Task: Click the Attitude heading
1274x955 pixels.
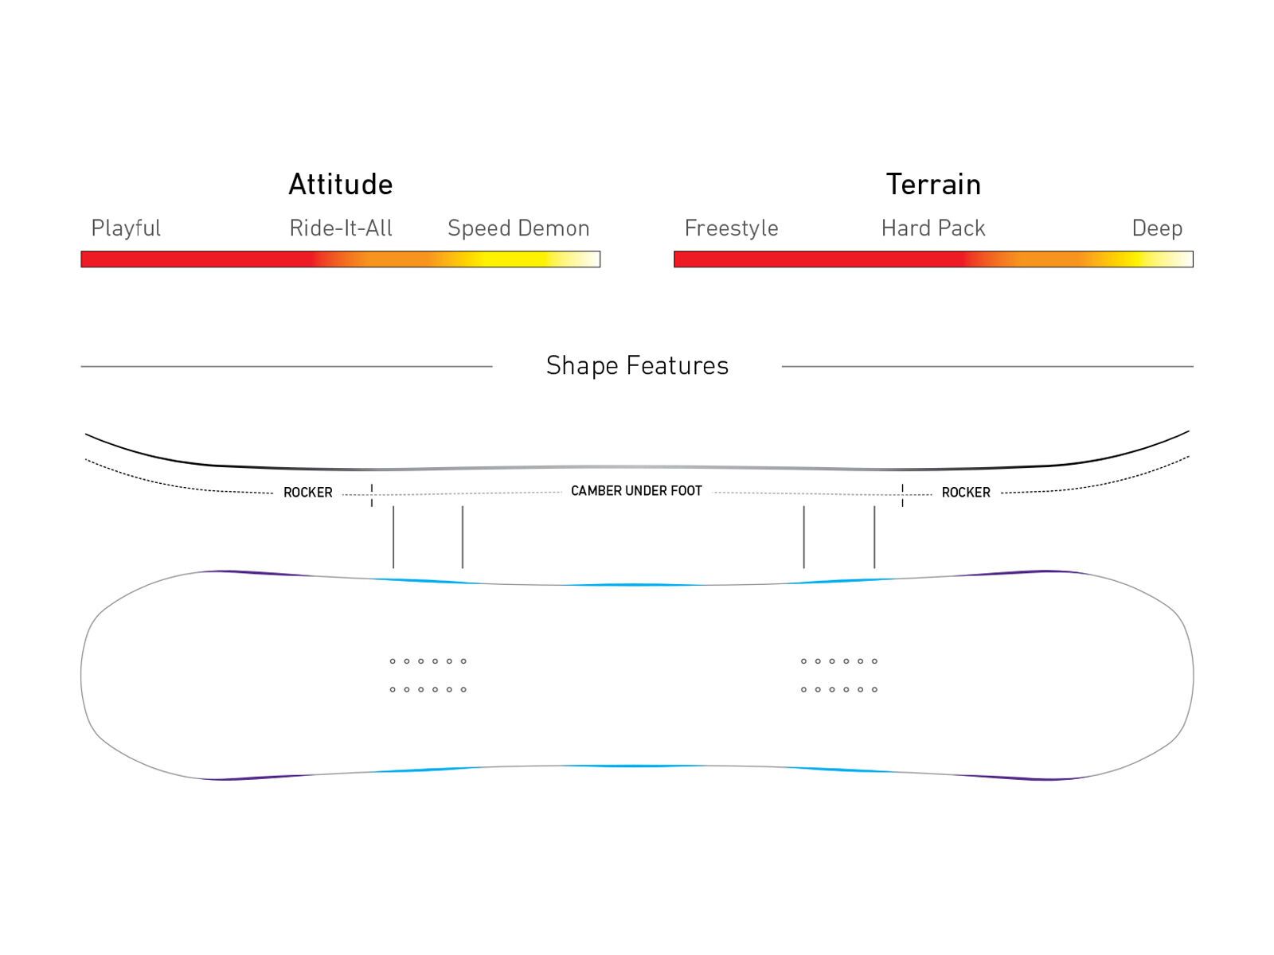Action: pyautogui.click(x=341, y=185)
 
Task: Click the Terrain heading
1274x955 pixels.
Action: pyautogui.click(x=933, y=185)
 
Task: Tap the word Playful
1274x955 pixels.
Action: pyautogui.click(x=126, y=229)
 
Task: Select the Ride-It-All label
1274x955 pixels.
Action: pyautogui.click(x=341, y=228)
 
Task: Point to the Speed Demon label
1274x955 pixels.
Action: pyautogui.click(x=518, y=228)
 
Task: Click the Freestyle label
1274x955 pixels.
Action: pyautogui.click(x=731, y=229)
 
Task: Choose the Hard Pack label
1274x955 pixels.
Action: pyautogui.click(x=933, y=228)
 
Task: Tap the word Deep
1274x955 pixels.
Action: pyautogui.click(x=1157, y=229)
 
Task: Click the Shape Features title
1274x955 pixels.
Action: pyautogui.click(x=637, y=366)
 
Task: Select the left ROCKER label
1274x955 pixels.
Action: pyautogui.click(x=308, y=493)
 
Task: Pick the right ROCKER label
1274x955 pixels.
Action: pyautogui.click(x=966, y=493)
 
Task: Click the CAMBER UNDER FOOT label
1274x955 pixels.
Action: pyautogui.click(x=636, y=491)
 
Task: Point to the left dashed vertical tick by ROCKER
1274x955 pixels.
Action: pyautogui.click(x=372, y=495)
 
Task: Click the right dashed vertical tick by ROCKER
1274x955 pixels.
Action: pyautogui.click(x=902, y=495)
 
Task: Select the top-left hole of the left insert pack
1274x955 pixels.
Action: pyautogui.click(x=393, y=661)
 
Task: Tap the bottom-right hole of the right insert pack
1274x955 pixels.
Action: pyautogui.click(x=874, y=690)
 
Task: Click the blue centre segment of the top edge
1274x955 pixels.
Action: pyautogui.click(x=637, y=585)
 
